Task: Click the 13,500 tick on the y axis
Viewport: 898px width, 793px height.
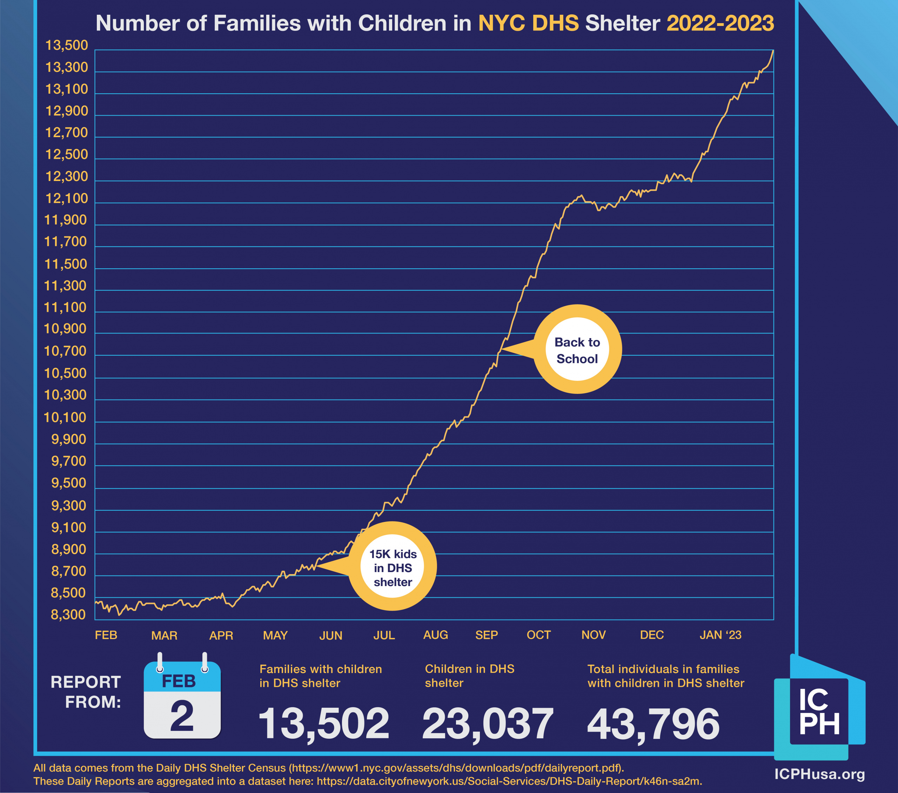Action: [x=67, y=45]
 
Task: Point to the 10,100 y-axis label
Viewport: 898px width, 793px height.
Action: [x=65, y=417]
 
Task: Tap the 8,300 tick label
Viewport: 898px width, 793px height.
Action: [x=68, y=614]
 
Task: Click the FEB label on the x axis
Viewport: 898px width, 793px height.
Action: [x=106, y=635]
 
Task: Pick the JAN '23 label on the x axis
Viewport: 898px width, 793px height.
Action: [x=720, y=635]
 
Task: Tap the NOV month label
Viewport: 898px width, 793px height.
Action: [x=593, y=635]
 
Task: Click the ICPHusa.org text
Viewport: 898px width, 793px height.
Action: [x=819, y=774]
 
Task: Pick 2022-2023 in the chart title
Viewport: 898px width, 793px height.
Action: [x=720, y=23]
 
